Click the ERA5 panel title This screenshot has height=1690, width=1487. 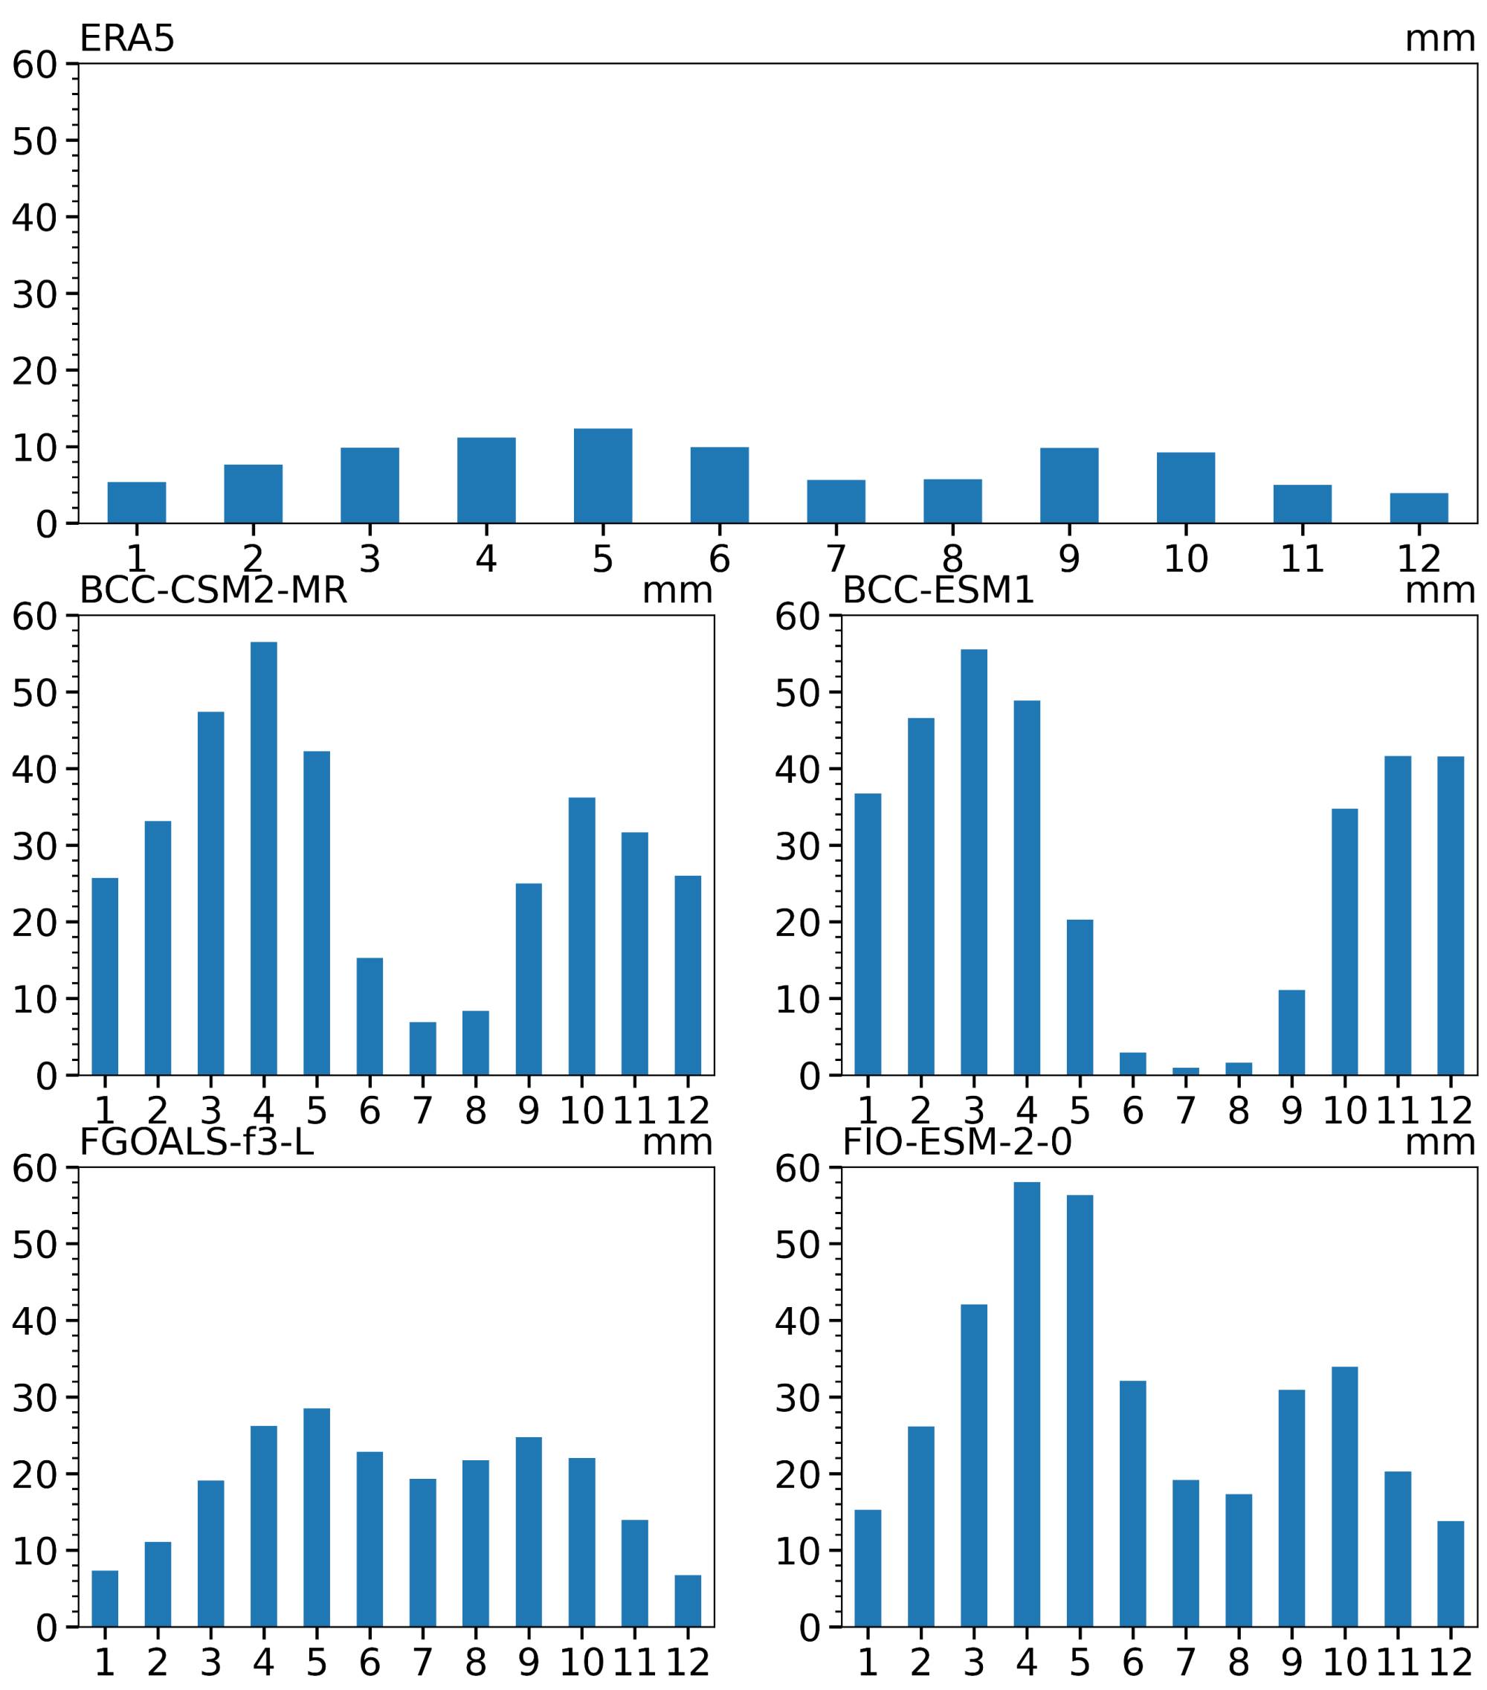coord(126,39)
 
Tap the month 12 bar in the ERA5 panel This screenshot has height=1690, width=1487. coord(1419,508)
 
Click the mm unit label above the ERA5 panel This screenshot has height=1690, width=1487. coord(1439,39)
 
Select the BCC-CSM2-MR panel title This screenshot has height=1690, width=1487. coord(213,590)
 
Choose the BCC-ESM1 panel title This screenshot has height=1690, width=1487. coord(938,590)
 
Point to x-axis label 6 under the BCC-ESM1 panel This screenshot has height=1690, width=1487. coord(1132,1110)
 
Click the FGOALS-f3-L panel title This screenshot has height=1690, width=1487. coord(197,1142)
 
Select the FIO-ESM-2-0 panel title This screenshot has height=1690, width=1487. coord(956,1142)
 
